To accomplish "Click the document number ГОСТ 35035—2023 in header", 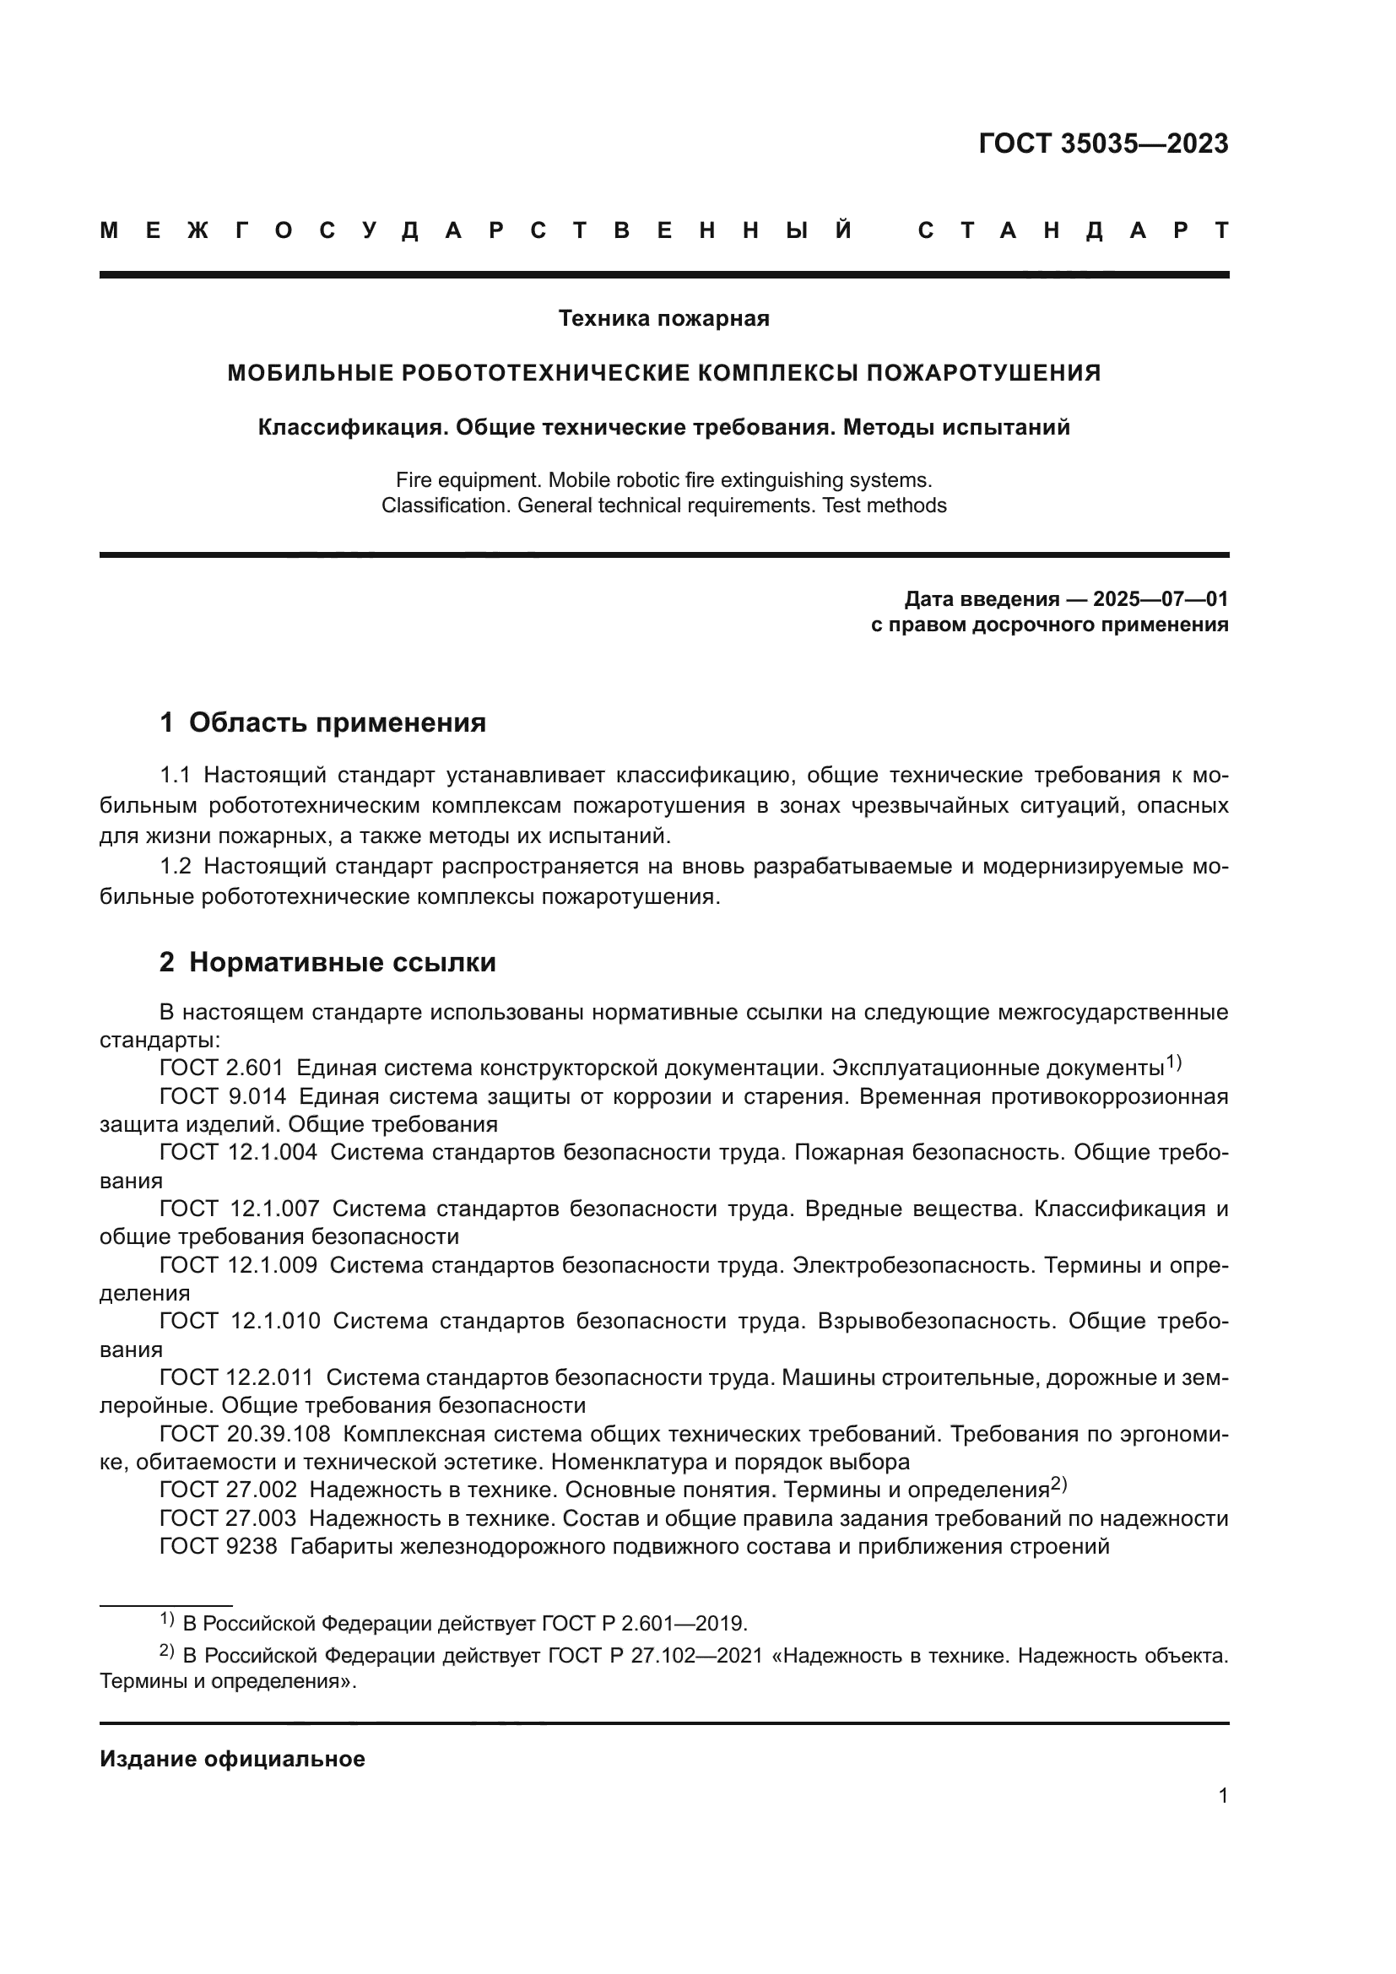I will pyautogui.click(x=1103, y=143).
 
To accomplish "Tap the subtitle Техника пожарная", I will pyautogui.click(x=663, y=319).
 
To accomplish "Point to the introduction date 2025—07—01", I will pyautogui.click(x=1161, y=599).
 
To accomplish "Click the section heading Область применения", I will pyautogui.click(x=337, y=723).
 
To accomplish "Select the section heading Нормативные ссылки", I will pyautogui.click(x=342, y=962).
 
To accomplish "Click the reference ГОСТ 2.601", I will pyautogui.click(x=221, y=1068).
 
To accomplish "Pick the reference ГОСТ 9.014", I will pyautogui.click(x=222, y=1097).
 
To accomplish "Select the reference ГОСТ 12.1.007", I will pyautogui.click(x=239, y=1209).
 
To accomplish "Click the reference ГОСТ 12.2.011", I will pyautogui.click(x=236, y=1377).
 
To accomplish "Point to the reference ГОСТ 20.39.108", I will pyautogui.click(x=245, y=1434).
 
